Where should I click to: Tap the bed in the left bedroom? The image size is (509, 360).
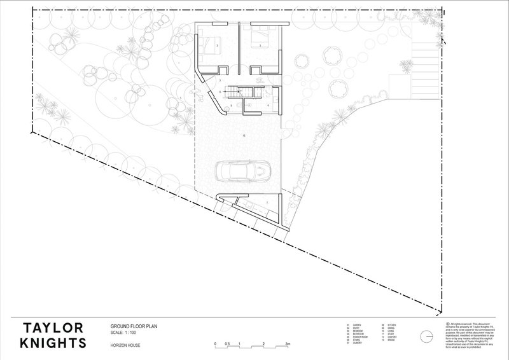tap(211, 44)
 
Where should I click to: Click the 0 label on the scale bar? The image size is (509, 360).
tap(216, 343)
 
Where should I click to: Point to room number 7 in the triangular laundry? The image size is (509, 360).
tap(267, 202)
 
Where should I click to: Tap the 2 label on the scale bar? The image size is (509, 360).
tap(263, 343)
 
